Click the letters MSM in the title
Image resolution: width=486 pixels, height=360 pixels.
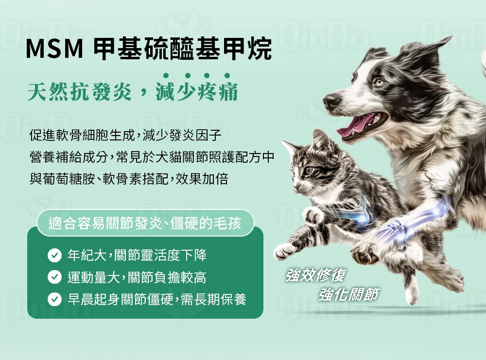[x=54, y=49]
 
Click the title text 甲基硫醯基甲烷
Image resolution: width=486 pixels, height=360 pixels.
[x=182, y=48]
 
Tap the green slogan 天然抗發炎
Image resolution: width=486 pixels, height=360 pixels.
[x=79, y=92]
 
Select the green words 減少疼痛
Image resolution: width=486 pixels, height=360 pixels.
[x=196, y=92]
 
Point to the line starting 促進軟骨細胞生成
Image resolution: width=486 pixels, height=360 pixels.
[x=125, y=135]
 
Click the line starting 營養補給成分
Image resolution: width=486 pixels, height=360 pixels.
[x=152, y=157]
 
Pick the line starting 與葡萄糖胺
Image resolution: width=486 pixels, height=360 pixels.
[x=129, y=179]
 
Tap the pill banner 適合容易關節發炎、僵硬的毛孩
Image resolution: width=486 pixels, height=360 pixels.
[x=145, y=223]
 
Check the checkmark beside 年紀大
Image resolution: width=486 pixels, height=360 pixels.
[x=54, y=255]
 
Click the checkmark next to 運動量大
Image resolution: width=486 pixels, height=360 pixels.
[x=54, y=277]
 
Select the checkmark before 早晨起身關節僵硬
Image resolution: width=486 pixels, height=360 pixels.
[x=54, y=299]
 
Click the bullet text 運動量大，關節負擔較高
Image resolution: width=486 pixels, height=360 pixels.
[x=137, y=277]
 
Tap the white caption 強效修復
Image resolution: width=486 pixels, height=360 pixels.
[x=315, y=275]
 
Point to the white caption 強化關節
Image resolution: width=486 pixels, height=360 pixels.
[x=348, y=294]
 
